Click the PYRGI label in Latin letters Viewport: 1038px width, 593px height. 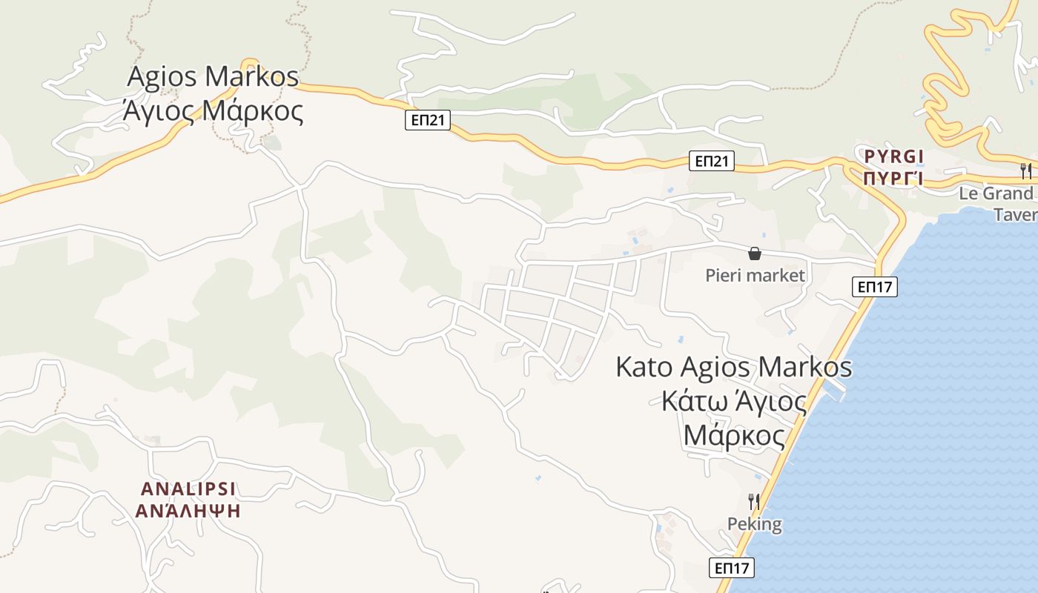[x=894, y=156]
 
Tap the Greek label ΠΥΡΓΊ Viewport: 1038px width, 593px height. [x=894, y=179]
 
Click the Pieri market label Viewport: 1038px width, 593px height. [x=755, y=276]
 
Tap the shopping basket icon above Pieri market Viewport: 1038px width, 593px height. [x=755, y=254]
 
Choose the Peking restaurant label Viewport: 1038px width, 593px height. [x=754, y=524]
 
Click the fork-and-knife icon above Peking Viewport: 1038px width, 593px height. [x=753, y=502]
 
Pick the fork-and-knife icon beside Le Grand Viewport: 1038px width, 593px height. [x=1026, y=170]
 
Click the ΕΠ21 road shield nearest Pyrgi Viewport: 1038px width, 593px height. [x=712, y=161]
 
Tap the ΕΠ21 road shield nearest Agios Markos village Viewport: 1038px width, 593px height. [x=428, y=120]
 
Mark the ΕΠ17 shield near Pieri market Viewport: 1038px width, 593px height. [x=875, y=287]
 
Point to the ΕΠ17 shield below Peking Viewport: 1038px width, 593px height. [x=732, y=569]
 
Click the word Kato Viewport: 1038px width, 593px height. [x=644, y=368]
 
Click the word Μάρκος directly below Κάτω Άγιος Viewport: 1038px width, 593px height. [x=734, y=435]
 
